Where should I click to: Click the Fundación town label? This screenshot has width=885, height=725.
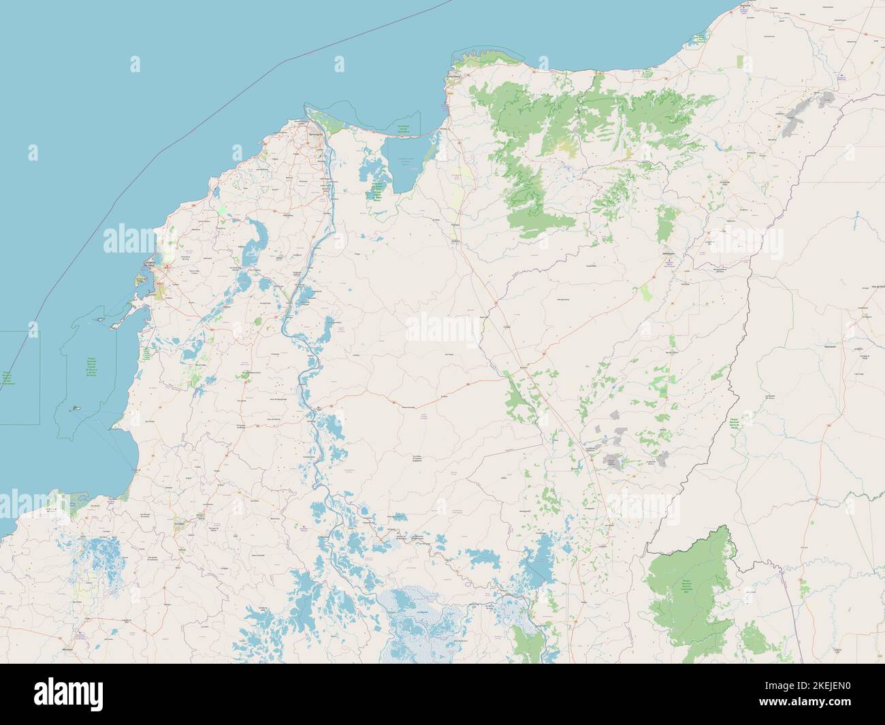[x=457, y=240]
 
